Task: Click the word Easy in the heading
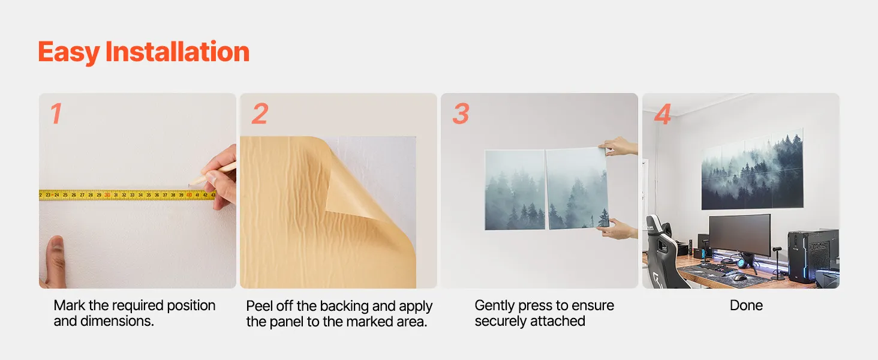point(68,53)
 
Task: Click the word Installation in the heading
point(177,52)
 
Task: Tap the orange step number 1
point(56,113)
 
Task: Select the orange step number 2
point(260,113)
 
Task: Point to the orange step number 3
point(461,114)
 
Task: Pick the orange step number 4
point(663,114)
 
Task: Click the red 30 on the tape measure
point(107,195)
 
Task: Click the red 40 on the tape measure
point(189,195)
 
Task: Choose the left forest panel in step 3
point(515,190)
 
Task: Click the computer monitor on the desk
point(740,235)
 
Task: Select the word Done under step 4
point(746,305)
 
